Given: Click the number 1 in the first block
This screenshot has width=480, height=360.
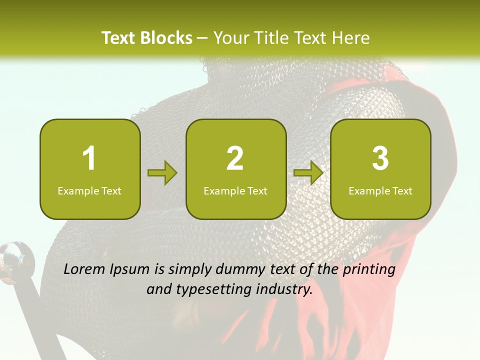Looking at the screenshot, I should pos(89,158).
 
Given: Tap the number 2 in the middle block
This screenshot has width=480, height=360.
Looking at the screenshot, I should pos(235,158).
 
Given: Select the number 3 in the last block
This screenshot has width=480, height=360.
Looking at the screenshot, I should pos(380,158).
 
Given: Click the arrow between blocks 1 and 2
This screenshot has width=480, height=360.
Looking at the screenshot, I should pos(162,173).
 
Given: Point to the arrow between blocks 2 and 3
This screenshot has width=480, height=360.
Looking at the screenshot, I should pos(308,173).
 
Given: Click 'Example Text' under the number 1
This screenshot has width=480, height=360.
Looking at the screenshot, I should pos(89,190).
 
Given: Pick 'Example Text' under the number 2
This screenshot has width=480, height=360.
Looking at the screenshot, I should pos(235,190).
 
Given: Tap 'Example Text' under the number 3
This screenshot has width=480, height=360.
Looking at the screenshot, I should pos(380,190).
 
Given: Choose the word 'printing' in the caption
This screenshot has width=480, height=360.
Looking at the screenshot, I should pos(369,270).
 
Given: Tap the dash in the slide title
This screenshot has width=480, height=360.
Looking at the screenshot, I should pos(203,38).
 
